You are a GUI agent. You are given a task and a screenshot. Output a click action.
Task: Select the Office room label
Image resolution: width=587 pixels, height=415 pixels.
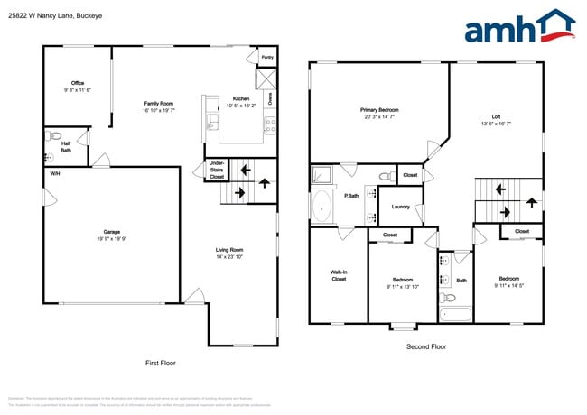(x=78, y=83)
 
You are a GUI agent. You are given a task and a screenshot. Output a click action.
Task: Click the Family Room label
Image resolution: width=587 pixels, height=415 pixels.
(x=158, y=104)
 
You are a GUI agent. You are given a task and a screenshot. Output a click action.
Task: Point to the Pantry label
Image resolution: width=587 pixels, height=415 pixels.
(x=266, y=57)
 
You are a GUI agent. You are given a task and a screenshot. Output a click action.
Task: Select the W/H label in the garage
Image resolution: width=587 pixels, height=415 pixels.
(x=55, y=173)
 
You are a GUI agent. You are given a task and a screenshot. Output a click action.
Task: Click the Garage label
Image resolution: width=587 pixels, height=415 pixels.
(x=112, y=231)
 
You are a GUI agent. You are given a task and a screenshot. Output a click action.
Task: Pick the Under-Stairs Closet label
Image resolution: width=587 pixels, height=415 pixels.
(x=217, y=170)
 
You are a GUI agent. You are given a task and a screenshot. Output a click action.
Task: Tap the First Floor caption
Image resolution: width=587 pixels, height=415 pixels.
(x=161, y=363)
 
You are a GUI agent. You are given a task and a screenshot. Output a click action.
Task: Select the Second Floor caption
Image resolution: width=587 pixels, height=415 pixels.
(x=425, y=346)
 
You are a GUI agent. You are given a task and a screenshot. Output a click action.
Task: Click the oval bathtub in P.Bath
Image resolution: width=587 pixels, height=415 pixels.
(x=322, y=207)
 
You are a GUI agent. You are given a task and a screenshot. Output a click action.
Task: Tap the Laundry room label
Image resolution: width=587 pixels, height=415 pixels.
(x=400, y=207)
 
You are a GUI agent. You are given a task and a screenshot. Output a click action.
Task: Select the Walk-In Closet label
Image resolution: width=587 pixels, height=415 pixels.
(x=339, y=275)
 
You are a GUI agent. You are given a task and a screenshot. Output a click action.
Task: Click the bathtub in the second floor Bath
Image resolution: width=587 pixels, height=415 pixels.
(x=454, y=315)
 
